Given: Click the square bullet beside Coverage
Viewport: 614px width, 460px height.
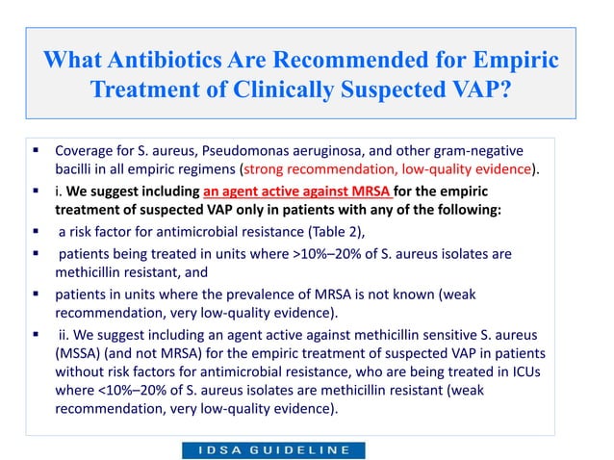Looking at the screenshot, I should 34,151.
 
